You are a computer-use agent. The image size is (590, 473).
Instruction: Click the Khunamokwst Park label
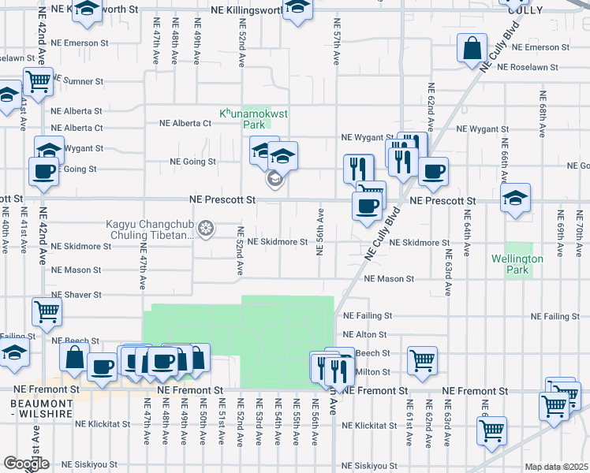click(x=253, y=119)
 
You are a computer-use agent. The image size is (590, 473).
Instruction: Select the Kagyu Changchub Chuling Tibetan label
click(x=149, y=229)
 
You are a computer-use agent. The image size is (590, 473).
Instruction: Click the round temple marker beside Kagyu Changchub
click(x=207, y=229)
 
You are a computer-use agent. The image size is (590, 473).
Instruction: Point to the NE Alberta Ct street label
click(x=185, y=123)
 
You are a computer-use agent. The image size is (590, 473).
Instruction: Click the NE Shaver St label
click(x=77, y=294)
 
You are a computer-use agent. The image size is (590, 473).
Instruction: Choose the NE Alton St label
click(x=365, y=335)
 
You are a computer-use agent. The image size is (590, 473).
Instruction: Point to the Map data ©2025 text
click(x=556, y=467)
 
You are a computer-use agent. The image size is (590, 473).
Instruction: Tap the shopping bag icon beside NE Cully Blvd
click(x=471, y=48)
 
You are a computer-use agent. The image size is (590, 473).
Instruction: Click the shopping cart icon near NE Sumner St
click(x=38, y=80)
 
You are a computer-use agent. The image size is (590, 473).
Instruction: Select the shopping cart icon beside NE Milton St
click(x=423, y=360)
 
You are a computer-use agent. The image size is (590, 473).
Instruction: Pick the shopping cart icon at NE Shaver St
click(x=47, y=311)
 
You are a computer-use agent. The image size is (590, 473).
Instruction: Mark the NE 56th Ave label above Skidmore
click(x=320, y=232)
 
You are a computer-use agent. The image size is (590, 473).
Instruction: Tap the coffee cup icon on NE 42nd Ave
click(x=43, y=170)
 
